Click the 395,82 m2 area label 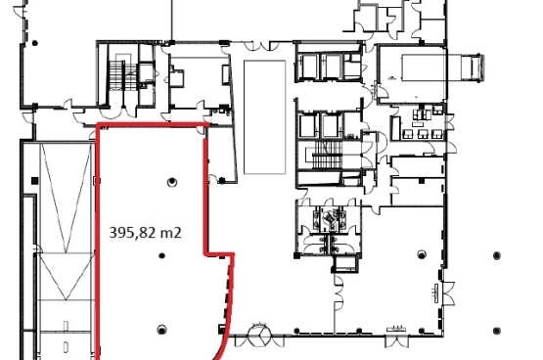pos(145,233)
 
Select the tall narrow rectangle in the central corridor pos(264,117)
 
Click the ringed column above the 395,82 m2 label pos(172,182)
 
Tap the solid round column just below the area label pos(161,255)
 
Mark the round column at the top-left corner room pos(34,43)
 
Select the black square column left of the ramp pos(34,180)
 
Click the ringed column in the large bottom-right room pos(422,254)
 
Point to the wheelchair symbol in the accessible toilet pos(329,218)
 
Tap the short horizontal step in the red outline pos(219,255)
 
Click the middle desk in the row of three pos(422,133)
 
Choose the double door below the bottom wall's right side pos(397,341)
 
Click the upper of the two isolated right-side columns pos(497,255)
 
